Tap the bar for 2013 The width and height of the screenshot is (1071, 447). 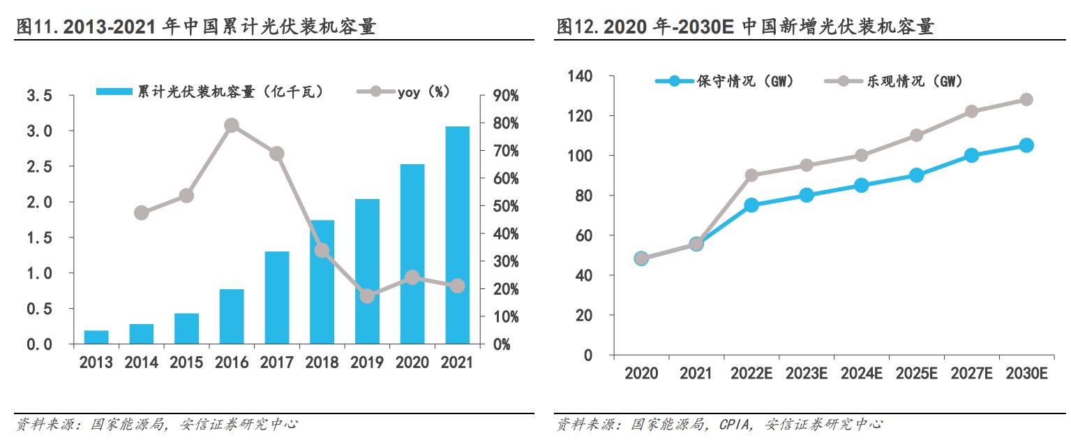(x=96, y=337)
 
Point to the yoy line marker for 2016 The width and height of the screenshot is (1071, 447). (x=232, y=126)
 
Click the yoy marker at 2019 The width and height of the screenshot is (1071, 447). (x=367, y=296)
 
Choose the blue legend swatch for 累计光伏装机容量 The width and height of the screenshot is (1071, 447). (x=114, y=91)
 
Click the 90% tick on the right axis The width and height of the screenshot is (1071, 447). (x=502, y=96)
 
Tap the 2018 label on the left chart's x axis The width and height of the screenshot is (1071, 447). (x=322, y=362)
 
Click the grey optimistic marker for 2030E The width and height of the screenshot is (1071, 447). (x=1026, y=99)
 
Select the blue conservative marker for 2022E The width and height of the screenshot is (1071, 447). (x=751, y=205)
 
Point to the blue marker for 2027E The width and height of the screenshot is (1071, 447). (x=971, y=156)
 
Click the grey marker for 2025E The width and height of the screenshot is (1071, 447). (x=916, y=135)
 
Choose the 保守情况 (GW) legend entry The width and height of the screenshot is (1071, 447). (x=725, y=81)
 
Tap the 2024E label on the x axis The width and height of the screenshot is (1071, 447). (x=861, y=374)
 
